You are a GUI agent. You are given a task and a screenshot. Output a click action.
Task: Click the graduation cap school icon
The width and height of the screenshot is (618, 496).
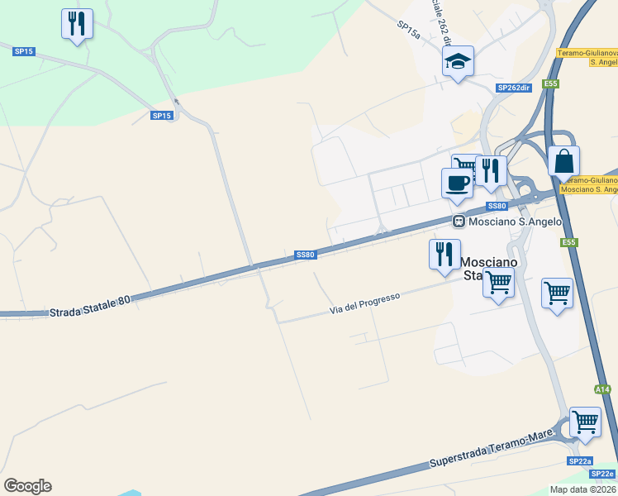click(458, 61)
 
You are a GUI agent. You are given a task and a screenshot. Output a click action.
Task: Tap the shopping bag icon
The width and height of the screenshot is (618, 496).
click(563, 161)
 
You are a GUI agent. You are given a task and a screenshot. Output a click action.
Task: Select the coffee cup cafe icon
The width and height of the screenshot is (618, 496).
click(456, 183)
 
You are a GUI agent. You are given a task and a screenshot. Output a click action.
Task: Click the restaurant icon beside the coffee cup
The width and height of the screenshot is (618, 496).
click(492, 171)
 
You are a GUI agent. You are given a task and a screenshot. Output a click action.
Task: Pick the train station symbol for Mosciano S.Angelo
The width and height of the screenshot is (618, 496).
click(459, 222)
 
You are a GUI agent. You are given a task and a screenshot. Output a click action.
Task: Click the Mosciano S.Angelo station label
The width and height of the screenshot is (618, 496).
click(515, 222)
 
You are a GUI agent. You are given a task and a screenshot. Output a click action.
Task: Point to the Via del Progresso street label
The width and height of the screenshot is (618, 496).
click(364, 303)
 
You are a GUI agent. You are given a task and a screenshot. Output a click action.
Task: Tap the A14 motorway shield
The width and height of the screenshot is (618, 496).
click(602, 389)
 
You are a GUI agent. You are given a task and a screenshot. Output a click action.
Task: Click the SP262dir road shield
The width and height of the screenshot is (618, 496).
click(513, 88)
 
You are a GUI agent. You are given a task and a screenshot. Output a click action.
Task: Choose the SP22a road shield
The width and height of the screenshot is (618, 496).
click(579, 461)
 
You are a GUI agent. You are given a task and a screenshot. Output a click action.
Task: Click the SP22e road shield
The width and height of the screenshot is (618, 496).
click(602, 474)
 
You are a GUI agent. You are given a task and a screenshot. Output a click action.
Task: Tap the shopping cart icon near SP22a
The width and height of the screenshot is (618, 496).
click(585, 422)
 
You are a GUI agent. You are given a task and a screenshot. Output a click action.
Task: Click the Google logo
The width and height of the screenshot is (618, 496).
click(27, 486)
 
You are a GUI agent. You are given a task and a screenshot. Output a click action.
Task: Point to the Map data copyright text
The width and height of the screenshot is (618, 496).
click(582, 489)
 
